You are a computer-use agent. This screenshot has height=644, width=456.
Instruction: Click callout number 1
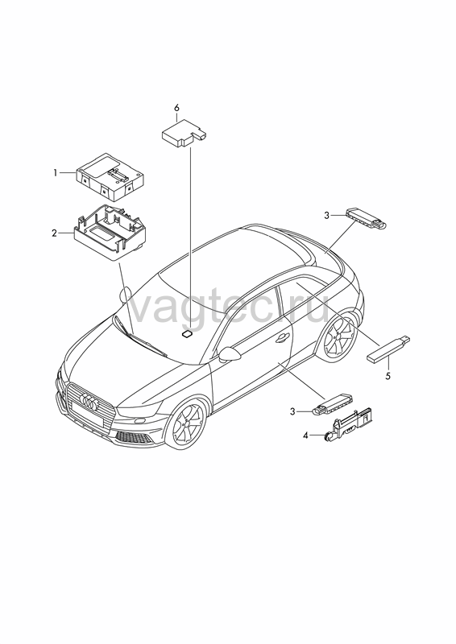(55, 173)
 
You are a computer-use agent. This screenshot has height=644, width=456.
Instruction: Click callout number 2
(54, 233)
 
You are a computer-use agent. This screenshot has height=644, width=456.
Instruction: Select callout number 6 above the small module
(176, 108)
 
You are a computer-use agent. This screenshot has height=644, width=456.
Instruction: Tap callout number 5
(388, 376)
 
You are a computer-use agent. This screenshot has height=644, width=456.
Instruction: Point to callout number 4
(305, 436)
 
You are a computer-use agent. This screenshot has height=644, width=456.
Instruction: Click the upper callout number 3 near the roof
(327, 215)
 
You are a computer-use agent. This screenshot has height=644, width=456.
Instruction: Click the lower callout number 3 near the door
(292, 411)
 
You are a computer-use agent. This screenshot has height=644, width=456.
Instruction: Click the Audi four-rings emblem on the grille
(89, 401)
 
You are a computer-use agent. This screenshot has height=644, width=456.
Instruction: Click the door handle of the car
(282, 337)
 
